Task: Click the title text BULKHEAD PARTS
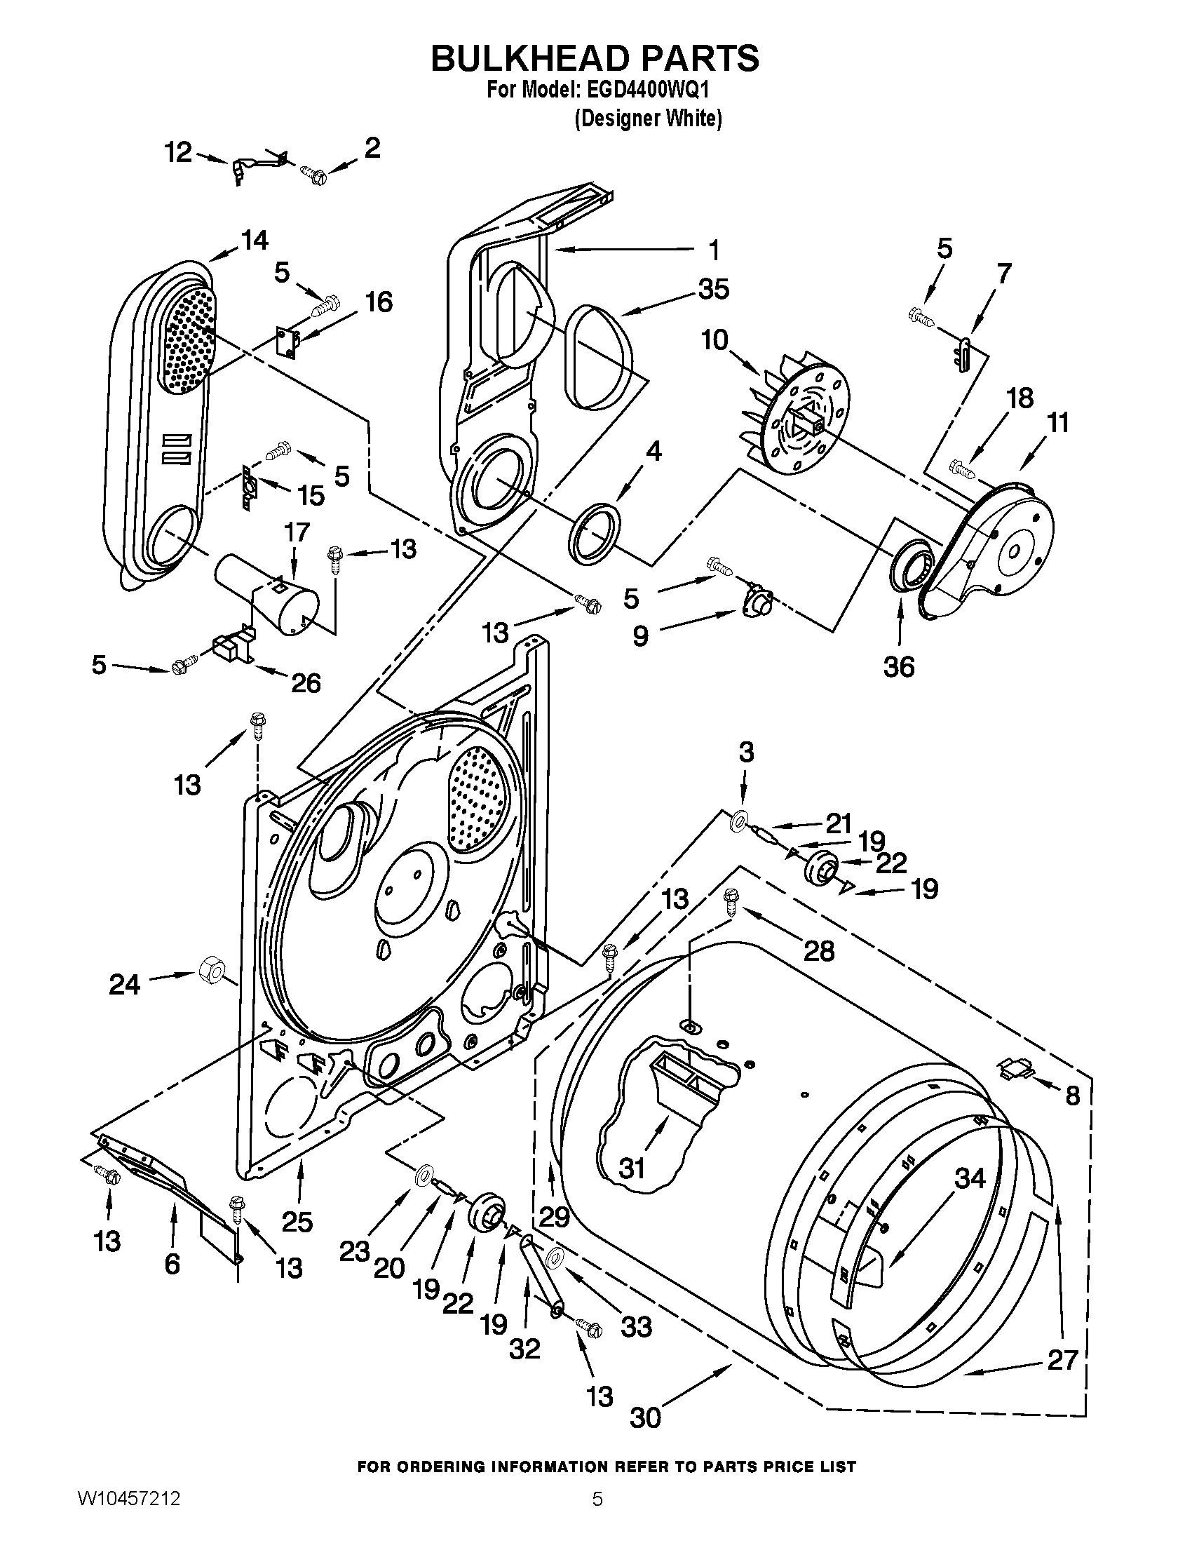click(x=595, y=59)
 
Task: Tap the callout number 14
click(x=255, y=240)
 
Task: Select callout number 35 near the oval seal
click(x=712, y=290)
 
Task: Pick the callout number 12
click(x=178, y=151)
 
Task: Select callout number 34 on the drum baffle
click(x=970, y=1178)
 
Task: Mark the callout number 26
click(x=306, y=682)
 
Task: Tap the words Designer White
click(x=648, y=119)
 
